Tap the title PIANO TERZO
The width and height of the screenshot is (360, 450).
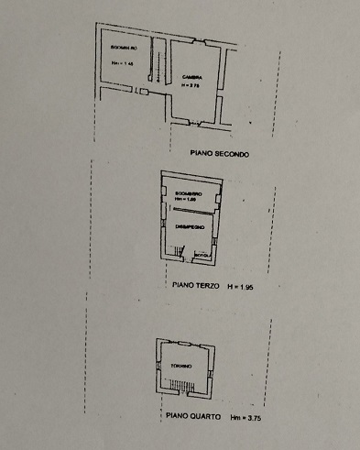click(195, 286)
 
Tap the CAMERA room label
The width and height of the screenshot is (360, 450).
click(191, 76)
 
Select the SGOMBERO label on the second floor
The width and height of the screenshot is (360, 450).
click(124, 48)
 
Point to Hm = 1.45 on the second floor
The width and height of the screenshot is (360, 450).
click(124, 63)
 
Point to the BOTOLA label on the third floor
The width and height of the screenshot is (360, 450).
click(202, 255)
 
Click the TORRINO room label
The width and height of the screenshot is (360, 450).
click(180, 366)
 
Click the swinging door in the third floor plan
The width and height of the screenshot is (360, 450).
click(181, 251)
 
